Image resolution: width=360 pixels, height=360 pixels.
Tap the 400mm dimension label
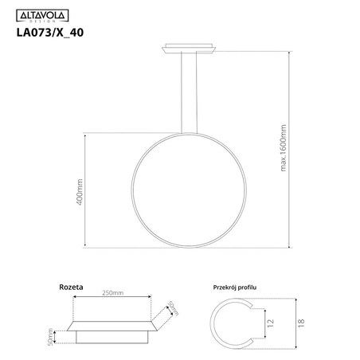[80, 192]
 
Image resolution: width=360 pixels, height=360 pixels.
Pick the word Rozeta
[72, 284]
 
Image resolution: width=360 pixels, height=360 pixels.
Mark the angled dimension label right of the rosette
[170, 309]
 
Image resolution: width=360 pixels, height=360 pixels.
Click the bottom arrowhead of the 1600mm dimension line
[288, 254]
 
